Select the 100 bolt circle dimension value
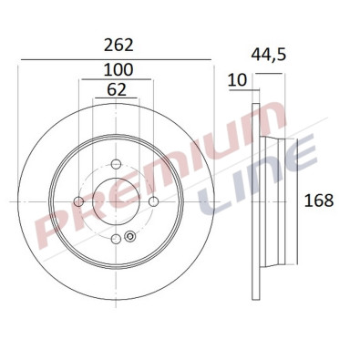click(x=116, y=70)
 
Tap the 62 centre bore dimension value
click(x=116, y=89)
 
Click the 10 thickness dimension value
click(x=237, y=80)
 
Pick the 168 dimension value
click(x=319, y=201)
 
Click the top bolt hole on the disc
click(x=116, y=164)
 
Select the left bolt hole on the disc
click(x=78, y=201)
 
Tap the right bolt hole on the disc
click(x=153, y=201)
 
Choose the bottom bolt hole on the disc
click(x=116, y=239)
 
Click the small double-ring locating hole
click(x=129, y=239)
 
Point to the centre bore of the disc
click(x=116, y=201)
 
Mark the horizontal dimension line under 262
click(x=116, y=58)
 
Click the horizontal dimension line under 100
click(x=116, y=80)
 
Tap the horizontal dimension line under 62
click(x=116, y=99)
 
